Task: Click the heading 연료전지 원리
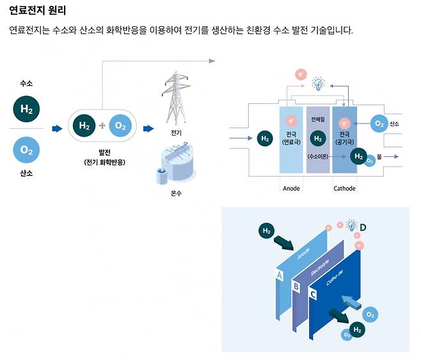click(38, 11)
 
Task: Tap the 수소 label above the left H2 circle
click(26, 84)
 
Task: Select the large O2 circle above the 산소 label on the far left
click(26, 151)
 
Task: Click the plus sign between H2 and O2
click(102, 126)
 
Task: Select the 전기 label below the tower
click(176, 133)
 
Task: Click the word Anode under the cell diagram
click(291, 188)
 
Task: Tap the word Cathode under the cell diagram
click(345, 188)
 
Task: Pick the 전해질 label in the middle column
click(317, 119)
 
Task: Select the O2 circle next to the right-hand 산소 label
click(379, 124)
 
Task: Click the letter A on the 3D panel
click(279, 275)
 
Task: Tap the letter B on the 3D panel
click(296, 286)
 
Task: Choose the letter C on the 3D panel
click(313, 295)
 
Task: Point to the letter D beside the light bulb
click(363, 227)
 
